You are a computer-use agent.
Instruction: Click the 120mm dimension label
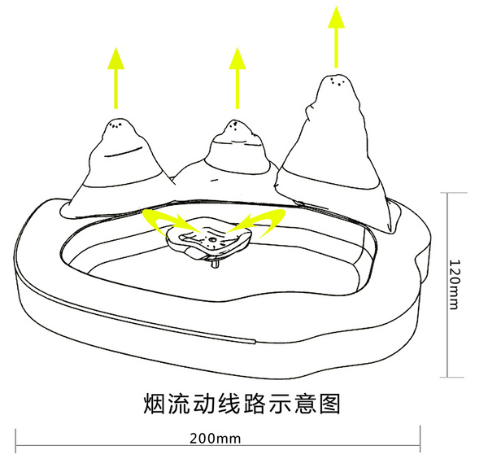tap(456, 284)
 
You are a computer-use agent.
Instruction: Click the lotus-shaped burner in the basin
tap(209, 241)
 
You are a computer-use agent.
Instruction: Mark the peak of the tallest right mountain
tap(335, 79)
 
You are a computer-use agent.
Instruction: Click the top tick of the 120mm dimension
tap(447, 193)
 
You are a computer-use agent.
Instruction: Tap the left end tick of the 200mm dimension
tap(16, 446)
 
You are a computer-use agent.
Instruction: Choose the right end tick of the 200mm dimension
tap(419, 446)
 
